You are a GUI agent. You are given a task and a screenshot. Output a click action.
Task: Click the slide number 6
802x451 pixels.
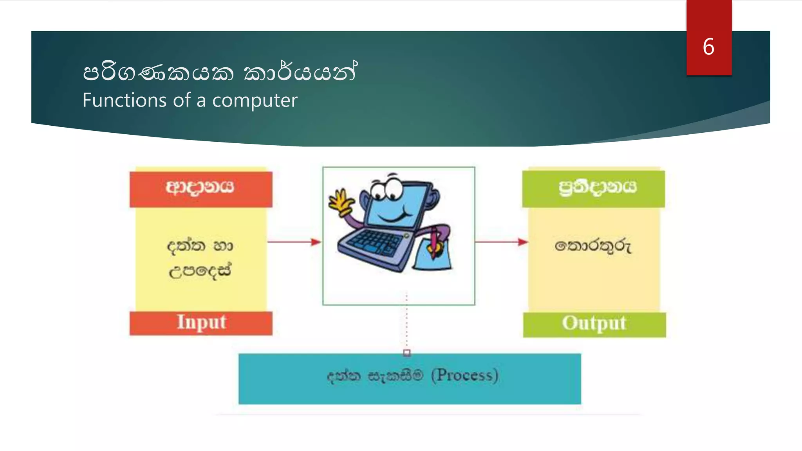[x=708, y=47]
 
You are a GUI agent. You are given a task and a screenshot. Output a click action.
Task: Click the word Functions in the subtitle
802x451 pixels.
[x=125, y=100]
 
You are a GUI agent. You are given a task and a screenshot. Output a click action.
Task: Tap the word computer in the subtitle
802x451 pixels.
[x=255, y=101]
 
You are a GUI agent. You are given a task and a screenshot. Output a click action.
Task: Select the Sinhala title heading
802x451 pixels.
[x=220, y=72]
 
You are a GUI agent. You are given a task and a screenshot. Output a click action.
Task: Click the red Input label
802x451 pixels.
[x=201, y=323]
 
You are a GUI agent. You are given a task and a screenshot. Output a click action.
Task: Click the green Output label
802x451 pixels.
[x=594, y=324]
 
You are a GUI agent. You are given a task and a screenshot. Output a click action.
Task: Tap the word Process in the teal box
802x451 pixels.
[x=464, y=375]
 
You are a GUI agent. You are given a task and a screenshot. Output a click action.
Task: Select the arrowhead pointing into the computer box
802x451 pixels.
[x=316, y=242]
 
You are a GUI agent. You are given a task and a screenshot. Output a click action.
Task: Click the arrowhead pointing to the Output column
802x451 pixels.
[x=523, y=242]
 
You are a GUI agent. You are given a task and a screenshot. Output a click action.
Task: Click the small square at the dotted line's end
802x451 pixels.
[x=407, y=353]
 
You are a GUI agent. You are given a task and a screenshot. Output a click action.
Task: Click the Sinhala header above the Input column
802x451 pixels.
[x=200, y=188]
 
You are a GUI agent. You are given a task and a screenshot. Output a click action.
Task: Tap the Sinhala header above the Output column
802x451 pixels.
[x=597, y=188]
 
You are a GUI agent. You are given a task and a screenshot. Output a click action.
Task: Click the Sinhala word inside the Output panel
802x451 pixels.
[x=593, y=246]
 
